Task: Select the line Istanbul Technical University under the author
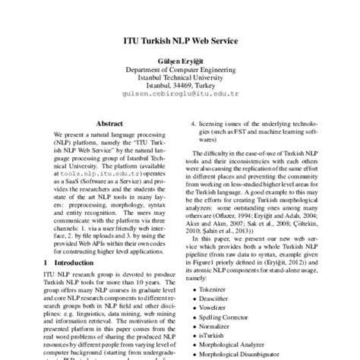pos(180,78)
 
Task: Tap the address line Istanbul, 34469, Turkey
pos(180,88)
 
